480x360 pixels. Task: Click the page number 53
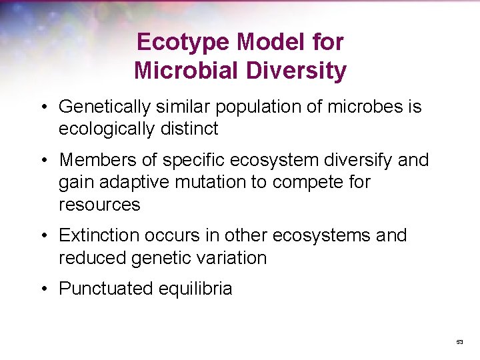click(x=459, y=342)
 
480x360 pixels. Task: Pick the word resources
click(x=100, y=204)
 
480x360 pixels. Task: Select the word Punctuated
click(x=106, y=289)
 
